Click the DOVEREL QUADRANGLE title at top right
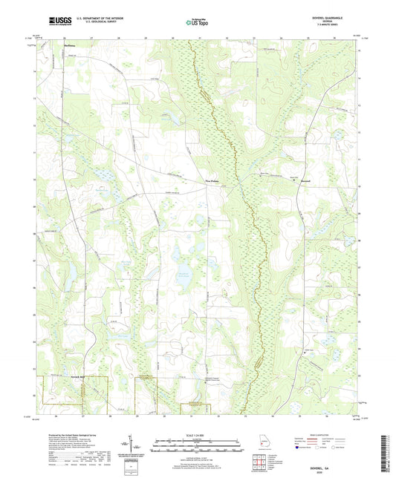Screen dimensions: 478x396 pyautogui.click(x=338, y=17)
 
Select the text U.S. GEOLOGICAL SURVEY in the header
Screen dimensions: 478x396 pyautogui.click(x=95, y=22)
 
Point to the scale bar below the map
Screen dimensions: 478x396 pyautogui.click(x=197, y=445)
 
